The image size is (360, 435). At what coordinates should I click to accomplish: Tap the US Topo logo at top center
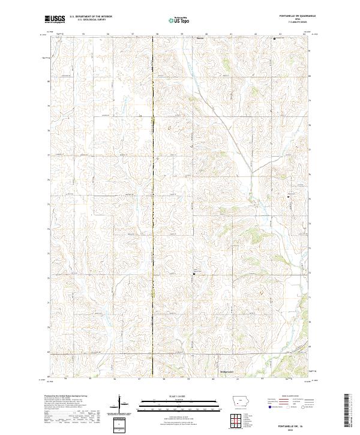[180, 20]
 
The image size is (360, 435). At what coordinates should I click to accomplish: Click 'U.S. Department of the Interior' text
[91, 17]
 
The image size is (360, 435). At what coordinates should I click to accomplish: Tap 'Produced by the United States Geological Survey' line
[64, 397]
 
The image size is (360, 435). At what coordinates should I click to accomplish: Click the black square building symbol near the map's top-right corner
[275, 39]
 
